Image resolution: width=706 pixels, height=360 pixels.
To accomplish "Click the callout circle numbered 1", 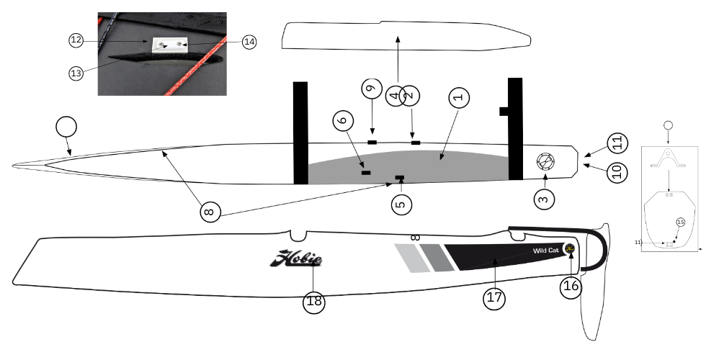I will pos(459,96).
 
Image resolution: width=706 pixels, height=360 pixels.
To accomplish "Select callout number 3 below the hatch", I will pos(545,196).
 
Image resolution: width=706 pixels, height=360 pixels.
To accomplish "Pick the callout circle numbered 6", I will pos(344,121).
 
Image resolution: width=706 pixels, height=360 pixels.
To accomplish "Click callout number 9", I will pos(371,89).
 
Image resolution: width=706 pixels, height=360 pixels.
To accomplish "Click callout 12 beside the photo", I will pos(77,41).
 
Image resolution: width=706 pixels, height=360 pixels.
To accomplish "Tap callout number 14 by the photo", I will pos(249,42).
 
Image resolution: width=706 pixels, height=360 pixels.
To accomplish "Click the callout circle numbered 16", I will pos(571,286).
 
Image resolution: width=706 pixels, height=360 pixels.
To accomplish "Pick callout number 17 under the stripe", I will pos(493,300).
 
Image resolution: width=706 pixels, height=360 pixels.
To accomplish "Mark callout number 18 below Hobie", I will pos(314,301).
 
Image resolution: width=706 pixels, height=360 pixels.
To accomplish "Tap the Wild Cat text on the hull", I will pos(545,250).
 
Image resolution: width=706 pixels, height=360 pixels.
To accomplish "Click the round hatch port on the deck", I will pos(545,163).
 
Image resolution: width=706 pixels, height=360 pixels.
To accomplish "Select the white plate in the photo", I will pos(171,46).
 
